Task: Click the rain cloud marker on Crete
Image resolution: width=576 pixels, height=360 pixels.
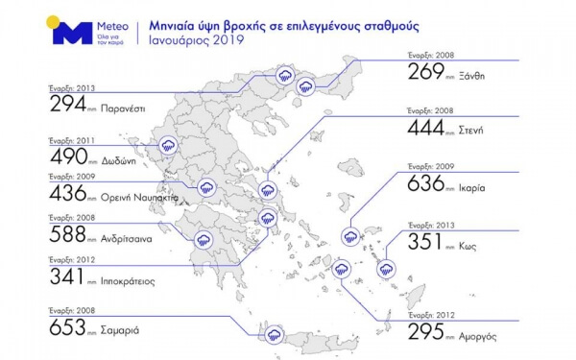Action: tap(275, 335)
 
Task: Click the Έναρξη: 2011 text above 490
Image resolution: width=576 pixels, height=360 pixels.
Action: tap(71, 138)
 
